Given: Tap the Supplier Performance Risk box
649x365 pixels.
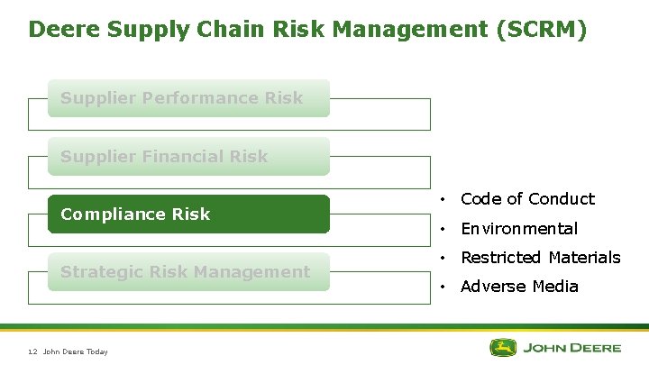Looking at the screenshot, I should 188,98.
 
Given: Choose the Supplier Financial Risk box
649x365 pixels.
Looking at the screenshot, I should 188,157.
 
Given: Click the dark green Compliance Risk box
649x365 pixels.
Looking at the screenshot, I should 188,214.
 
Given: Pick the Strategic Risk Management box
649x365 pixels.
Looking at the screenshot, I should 188,272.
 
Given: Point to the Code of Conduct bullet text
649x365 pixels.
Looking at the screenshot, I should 527,199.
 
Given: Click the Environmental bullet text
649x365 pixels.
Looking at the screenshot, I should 518,229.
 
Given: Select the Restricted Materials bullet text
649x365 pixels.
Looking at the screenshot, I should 540,258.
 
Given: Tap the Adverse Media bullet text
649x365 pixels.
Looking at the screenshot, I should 519,287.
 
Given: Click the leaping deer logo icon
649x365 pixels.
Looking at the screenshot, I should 505,347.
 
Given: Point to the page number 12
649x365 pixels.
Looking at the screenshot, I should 32,351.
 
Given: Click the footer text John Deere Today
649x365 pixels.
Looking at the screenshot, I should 76,351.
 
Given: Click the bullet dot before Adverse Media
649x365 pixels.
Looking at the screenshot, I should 443,287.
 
